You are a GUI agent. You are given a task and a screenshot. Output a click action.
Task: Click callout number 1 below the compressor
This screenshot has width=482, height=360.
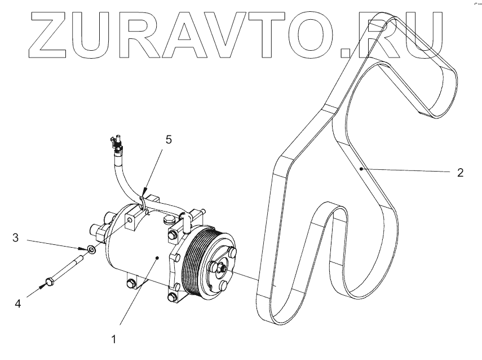point(114,340)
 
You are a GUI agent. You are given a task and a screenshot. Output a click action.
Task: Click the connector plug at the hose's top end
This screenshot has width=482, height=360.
point(117,143)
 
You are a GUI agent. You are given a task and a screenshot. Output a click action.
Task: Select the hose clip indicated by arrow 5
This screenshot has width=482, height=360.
point(143,197)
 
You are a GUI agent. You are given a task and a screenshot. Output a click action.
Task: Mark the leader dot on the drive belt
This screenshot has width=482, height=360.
point(360,168)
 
